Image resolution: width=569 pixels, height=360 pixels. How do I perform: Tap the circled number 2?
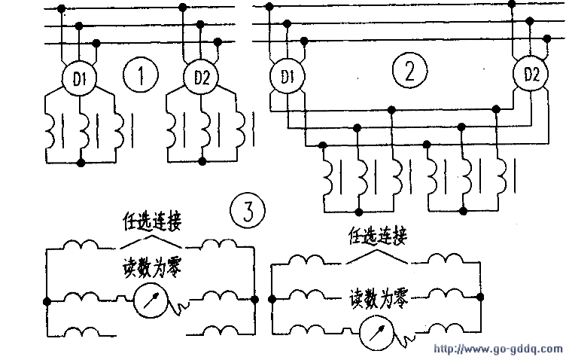[x=409, y=72]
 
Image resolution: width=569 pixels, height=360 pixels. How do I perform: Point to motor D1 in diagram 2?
[x=287, y=76]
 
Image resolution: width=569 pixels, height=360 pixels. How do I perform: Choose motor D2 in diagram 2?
[x=531, y=75]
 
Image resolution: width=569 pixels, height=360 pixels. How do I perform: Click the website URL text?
[x=499, y=350]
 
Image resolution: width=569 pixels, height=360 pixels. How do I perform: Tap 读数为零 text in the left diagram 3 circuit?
[x=151, y=269]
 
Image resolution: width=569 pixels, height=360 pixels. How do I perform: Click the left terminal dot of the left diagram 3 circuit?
[x=47, y=301]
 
